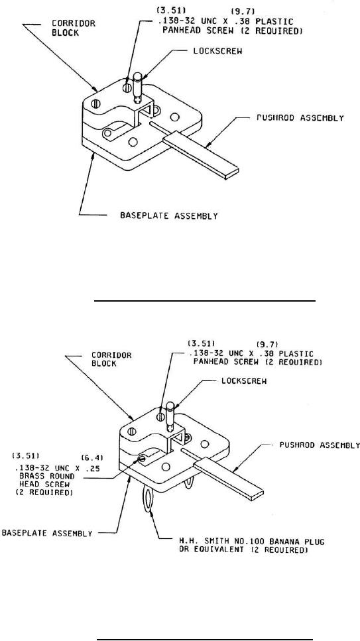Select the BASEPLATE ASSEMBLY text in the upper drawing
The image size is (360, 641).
(x=168, y=215)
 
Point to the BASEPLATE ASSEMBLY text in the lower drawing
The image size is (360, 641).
(x=48, y=533)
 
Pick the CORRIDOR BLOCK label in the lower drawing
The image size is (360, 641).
(x=116, y=359)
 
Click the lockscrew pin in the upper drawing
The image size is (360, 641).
(x=139, y=86)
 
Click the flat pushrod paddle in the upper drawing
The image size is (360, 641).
(x=200, y=156)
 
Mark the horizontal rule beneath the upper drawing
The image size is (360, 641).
(x=206, y=300)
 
